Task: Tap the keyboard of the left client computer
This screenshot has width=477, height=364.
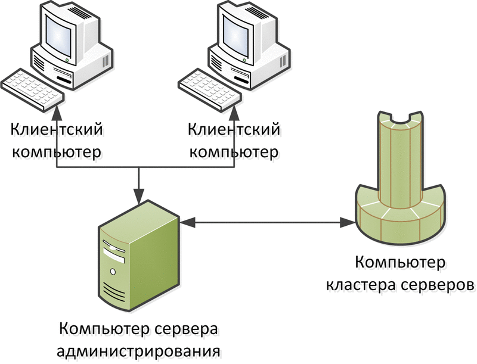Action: click(32, 89)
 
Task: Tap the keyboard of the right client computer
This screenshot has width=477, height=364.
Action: click(210, 89)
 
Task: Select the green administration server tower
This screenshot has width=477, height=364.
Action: click(138, 256)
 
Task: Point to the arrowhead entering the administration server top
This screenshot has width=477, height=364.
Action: click(139, 197)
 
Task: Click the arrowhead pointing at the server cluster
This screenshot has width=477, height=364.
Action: click(348, 223)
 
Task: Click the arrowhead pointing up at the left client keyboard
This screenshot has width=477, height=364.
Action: click(57, 112)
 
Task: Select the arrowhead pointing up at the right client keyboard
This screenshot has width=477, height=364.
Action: click(234, 112)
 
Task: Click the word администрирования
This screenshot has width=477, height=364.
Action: click(138, 350)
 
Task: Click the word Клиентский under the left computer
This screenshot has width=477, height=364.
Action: click(57, 130)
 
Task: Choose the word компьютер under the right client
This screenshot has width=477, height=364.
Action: click(234, 151)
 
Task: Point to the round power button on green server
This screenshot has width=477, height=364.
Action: click(113, 271)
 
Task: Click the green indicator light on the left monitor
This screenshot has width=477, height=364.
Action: click(67, 60)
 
